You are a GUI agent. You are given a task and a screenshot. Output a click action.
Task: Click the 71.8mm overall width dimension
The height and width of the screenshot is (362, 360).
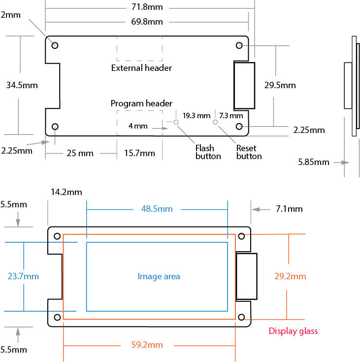tap(147, 7)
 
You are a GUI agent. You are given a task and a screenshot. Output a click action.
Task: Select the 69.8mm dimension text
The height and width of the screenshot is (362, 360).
tap(147, 22)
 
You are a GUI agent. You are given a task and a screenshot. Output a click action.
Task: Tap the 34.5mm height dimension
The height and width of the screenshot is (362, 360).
tap(22, 85)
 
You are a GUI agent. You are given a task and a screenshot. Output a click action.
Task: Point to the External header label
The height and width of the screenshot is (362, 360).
tap(141, 68)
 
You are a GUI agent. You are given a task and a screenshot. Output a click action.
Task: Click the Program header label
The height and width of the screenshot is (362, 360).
tap(141, 103)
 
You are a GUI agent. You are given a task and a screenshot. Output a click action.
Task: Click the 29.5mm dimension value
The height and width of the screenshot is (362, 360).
tap(280, 85)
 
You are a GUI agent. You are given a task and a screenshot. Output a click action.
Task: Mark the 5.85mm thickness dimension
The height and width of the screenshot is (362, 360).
tap(314, 162)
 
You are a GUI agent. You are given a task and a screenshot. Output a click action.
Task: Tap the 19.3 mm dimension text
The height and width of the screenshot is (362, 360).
tap(196, 116)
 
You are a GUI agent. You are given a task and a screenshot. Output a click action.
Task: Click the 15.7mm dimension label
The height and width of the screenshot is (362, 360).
tap(139, 153)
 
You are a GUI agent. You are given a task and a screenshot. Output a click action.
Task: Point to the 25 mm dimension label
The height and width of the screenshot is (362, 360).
tap(80, 153)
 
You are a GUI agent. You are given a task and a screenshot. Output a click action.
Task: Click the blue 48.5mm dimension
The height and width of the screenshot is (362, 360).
tap(157, 209)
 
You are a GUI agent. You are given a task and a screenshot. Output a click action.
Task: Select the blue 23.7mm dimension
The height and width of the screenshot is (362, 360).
tap(23, 276)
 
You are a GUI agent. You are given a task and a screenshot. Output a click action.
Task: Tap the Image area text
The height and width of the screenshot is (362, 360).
tap(159, 276)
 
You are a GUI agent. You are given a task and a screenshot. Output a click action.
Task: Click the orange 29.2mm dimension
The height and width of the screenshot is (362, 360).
tap(290, 276)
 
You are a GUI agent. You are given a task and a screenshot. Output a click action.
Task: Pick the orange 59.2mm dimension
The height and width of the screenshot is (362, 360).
tap(147, 345)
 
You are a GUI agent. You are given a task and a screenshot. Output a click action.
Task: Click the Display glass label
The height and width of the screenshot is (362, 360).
tap(293, 331)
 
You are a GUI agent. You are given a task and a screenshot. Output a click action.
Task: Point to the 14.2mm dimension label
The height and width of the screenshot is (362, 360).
tap(66, 192)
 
